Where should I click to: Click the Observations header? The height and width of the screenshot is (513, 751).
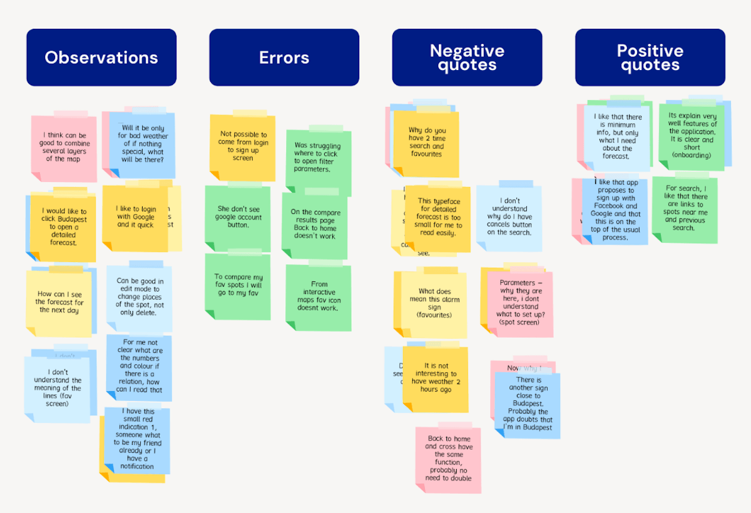tap(101, 58)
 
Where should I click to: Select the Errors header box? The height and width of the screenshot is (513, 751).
tap(284, 58)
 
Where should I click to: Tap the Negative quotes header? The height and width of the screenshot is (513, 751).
tap(467, 58)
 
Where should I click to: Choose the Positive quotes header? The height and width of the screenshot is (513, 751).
tap(650, 58)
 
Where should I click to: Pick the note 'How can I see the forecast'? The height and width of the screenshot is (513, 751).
tap(59, 303)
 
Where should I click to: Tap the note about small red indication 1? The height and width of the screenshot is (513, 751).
tap(137, 440)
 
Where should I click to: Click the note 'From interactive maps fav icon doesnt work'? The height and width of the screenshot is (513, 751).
tap(319, 297)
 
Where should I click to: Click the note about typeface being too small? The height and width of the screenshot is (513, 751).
tap(439, 216)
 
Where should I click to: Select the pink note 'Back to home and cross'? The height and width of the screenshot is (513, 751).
tap(448, 458)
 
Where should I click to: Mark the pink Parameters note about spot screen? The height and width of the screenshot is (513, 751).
tap(519, 303)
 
